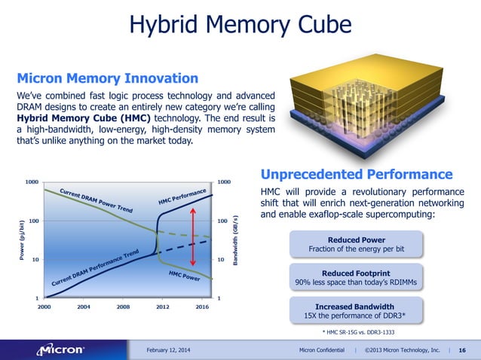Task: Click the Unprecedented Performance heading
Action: click(356, 174)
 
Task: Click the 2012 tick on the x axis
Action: click(162, 307)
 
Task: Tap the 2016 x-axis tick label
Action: click(201, 307)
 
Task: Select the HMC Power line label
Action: click(183, 277)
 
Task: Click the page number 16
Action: click(462, 349)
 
